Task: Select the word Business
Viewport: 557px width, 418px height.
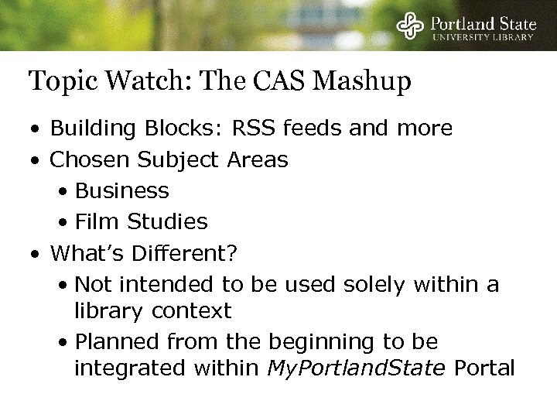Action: pyautogui.click(x=122, y=190)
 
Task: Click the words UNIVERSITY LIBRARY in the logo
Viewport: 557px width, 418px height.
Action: pyautogui.click(x=484, y=36)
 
